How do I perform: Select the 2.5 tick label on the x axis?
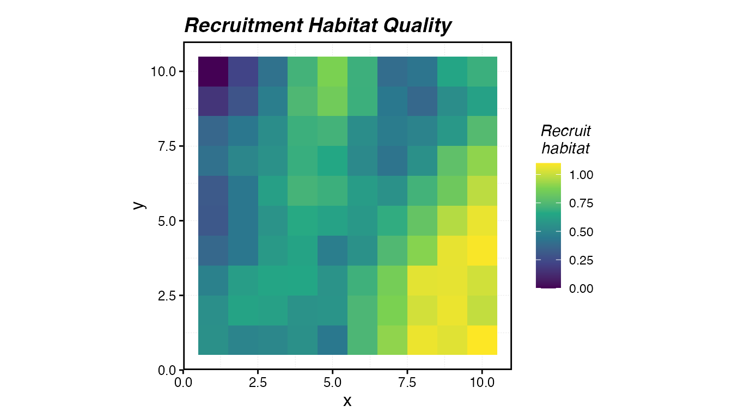(258, 382)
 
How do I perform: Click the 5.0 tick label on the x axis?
(332, 382)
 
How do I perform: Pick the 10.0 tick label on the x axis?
(482, 382)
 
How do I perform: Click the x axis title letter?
(347, 401)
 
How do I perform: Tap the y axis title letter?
(139, 205)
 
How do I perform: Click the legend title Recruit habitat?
(565, 139)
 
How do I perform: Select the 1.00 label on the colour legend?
(581, 175)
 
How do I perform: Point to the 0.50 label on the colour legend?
(581, 232)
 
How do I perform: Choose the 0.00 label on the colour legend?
(581, 288)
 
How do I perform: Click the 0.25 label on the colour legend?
(581, 260)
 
